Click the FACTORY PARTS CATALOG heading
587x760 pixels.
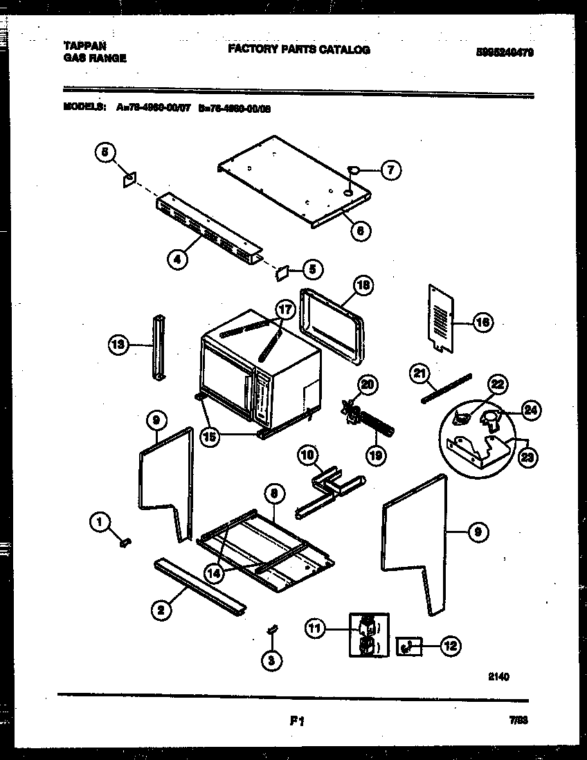coord(298,50)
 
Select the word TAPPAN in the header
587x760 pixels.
coord(86,46)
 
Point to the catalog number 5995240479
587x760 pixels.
coord(505,52)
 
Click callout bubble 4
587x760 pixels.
coord(178,260)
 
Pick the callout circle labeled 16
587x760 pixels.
coord(483,321)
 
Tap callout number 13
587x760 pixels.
coord(119,344)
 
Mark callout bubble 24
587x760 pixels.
coord(530,410)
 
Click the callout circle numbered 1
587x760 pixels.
coord(101,523)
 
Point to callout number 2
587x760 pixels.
coord(161,609)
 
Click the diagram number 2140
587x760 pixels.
coord(498,677)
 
